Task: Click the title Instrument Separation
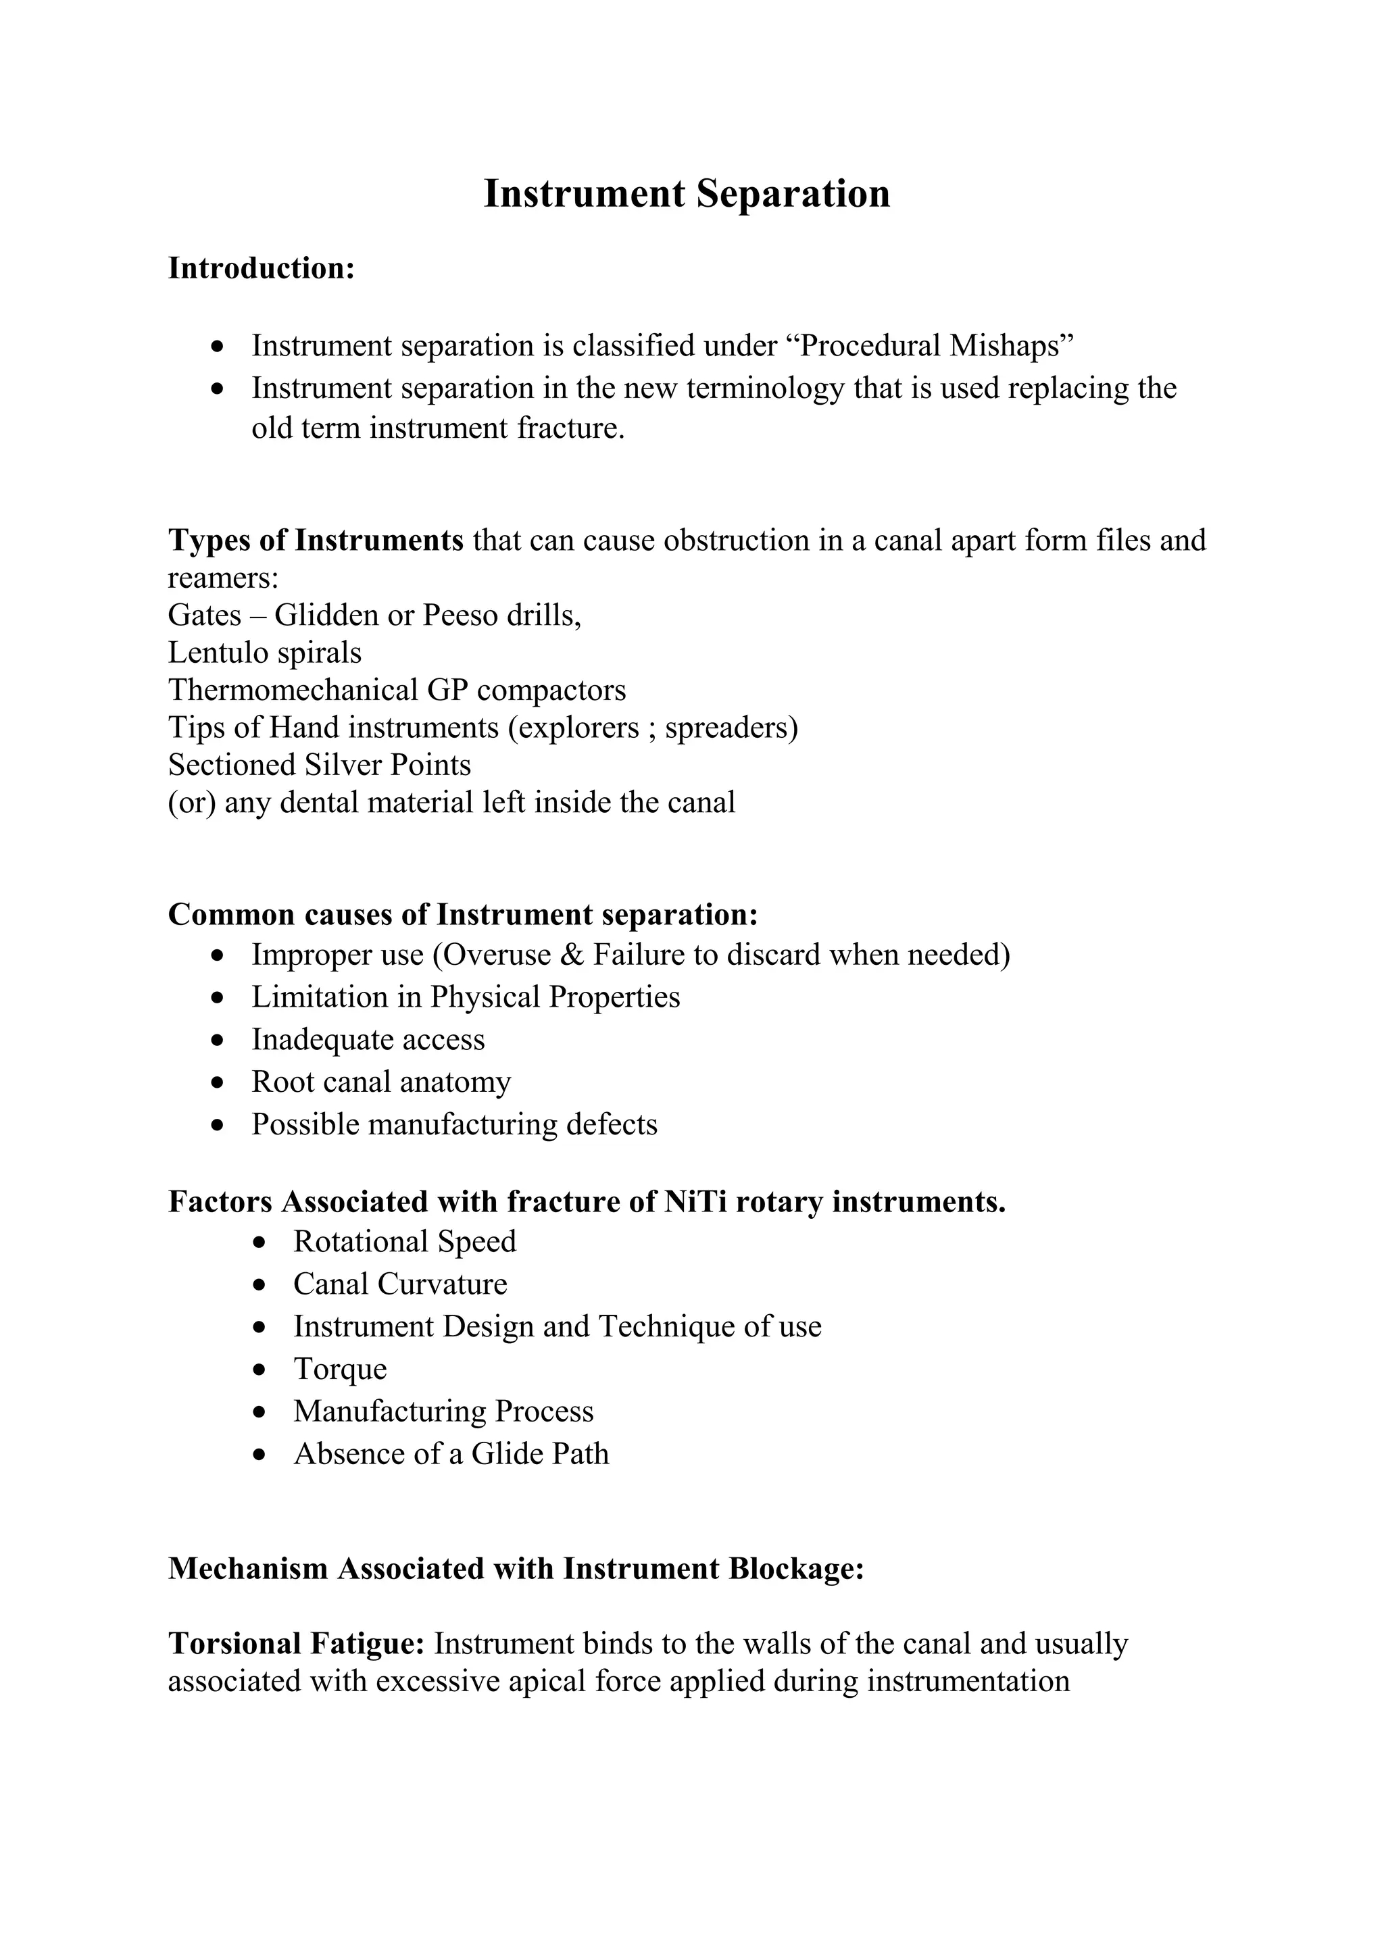click(687, 194)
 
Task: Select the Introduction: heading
click(261, 269)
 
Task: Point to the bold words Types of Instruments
click(316, 541)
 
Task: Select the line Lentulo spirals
click(264, 653)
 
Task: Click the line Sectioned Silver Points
click(319, 765)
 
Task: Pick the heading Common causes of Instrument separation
click(462, 915)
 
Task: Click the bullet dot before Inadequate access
click(219, 1040)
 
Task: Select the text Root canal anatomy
click(380, 1082)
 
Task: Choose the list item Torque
click(339, 1369)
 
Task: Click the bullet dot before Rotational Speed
click(261, 1242)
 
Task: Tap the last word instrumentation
click(968, 1682)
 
